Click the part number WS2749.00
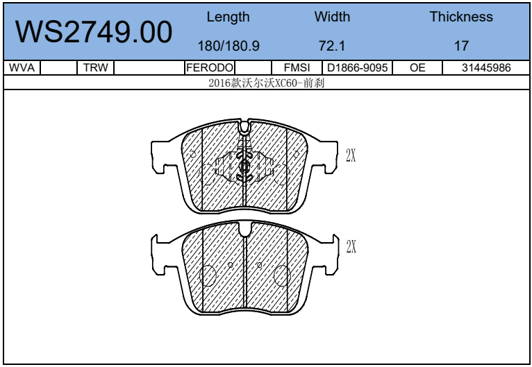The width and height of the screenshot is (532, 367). (x=94, y=32)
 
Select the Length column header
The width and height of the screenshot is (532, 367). (x=228, y=17)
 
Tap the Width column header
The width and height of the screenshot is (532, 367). (x=332, y=17)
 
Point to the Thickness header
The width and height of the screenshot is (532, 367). (x=461, y=17)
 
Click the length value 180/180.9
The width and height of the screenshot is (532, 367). (x=228, y=46)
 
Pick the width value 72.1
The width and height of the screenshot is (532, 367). (x=332, y=46)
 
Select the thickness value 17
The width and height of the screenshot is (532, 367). (x=461, y=46)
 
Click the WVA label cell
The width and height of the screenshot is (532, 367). (x=22, y=67)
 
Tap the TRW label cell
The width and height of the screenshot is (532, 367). (x=96, y=67)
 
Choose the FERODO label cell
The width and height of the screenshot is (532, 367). (x=210, y=67)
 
